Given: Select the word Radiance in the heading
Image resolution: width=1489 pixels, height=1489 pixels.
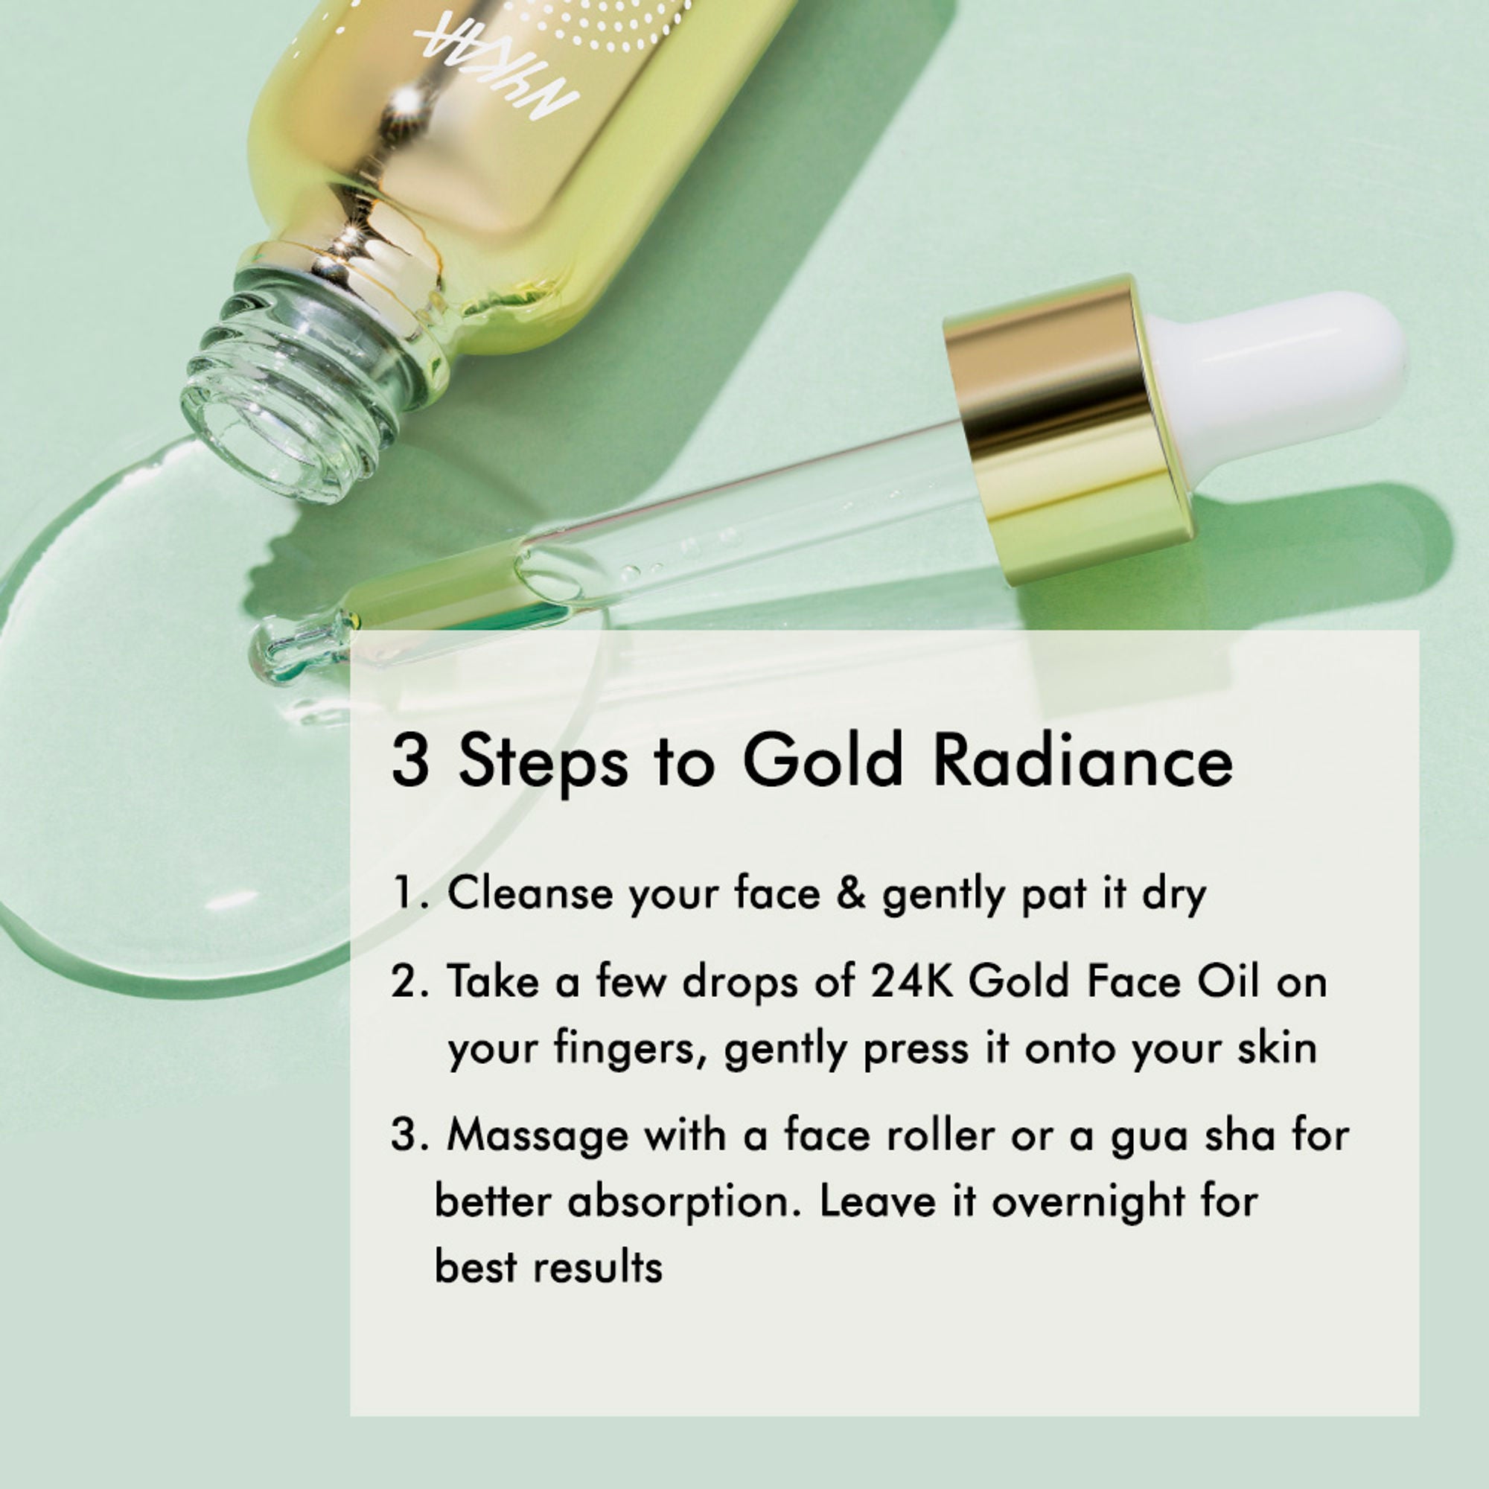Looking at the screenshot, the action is [1082, 761].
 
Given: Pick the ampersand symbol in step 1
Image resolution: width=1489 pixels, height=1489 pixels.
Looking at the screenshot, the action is [851, 895].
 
